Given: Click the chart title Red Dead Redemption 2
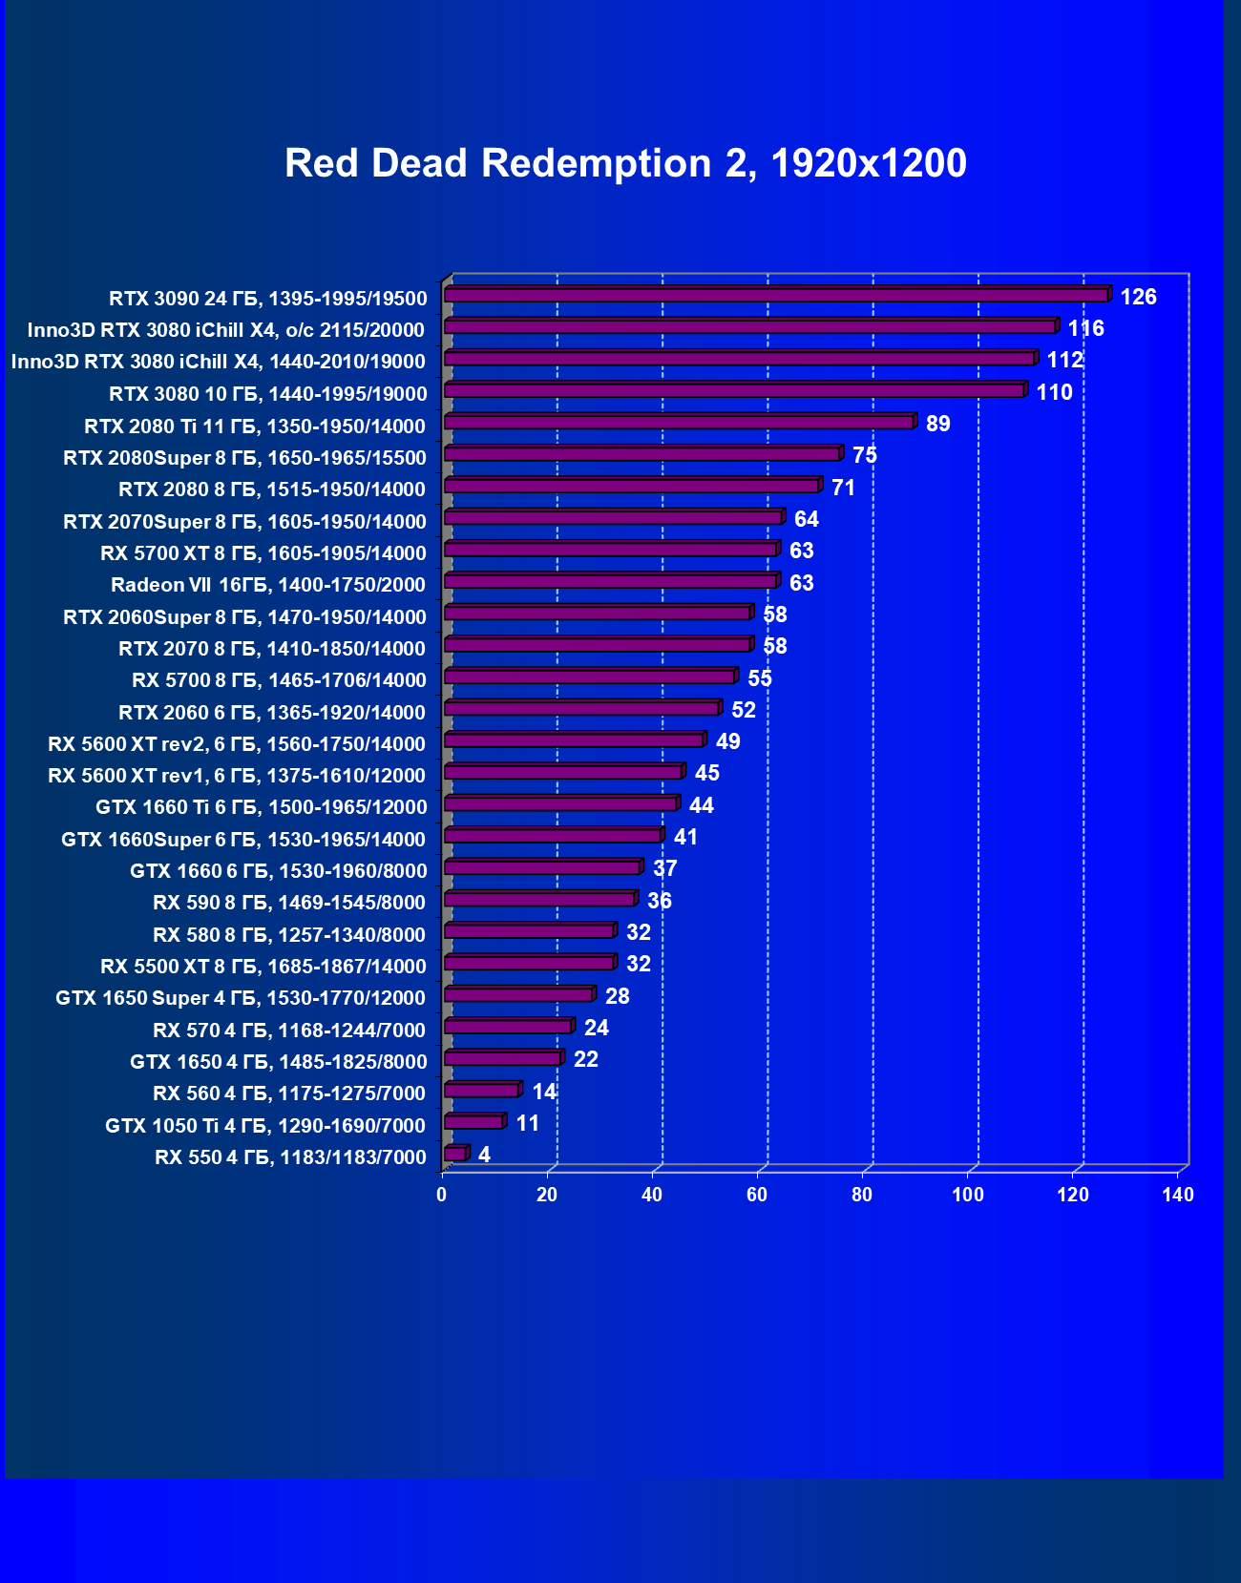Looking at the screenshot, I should coord(625,163).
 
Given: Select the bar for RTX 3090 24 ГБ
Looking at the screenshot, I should coord(775,295).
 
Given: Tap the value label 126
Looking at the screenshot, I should coord(1138,297).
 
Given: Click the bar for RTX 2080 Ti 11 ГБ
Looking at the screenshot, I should coord(678,422).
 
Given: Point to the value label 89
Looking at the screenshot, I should coord(937,424).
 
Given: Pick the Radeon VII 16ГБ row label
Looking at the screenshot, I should coord(268,585).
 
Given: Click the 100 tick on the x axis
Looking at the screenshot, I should coord(967,1195).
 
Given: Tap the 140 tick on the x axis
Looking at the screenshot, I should coord(1177,1195).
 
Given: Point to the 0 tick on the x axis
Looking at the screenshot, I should coord(441,1195).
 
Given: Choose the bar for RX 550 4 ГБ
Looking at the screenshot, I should coord(454,1154).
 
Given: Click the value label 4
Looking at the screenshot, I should coord(484,1155).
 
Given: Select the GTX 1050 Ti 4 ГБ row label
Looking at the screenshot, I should coord(265,1126).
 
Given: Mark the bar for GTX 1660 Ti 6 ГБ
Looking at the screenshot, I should coord(559,803).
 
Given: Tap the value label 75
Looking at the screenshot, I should coord(864,455).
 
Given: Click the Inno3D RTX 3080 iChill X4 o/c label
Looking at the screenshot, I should coord(225,330).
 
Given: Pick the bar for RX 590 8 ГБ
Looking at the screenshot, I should coord(538,899).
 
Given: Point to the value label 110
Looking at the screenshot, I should coord(1054,392).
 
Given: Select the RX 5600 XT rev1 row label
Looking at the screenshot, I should coord(237,776).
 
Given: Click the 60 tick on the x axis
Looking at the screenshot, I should coord(756,1195).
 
